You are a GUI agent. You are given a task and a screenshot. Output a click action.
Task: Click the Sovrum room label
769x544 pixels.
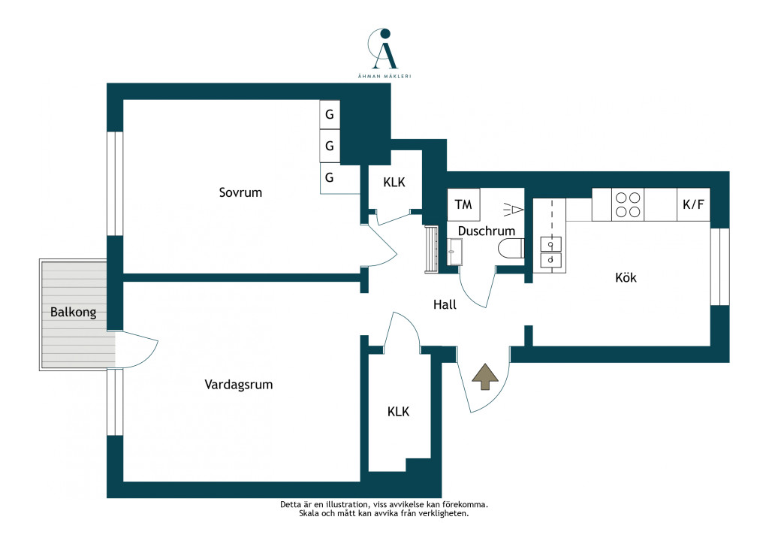[x=240, y=192]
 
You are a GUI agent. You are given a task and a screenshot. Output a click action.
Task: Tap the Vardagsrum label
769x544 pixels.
[x=238, y=385]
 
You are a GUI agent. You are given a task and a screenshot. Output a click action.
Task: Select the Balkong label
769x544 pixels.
[x=73, y=312]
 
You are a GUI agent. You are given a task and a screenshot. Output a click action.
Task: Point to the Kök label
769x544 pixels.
[x=626, y=278]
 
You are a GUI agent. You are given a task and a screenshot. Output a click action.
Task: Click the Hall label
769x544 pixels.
[x=445, y=304]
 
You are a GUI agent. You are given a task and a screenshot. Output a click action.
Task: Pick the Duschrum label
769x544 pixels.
[x=487, y=231]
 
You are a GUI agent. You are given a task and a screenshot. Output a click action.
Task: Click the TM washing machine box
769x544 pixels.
[x=463, y=204]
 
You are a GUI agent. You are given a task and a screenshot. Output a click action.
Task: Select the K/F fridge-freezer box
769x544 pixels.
[x=693, y=204]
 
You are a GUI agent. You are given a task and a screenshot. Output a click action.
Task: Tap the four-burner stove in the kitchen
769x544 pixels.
[x=628, y=204]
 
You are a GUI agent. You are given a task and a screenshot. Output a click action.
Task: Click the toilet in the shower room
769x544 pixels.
[x=511, y=249]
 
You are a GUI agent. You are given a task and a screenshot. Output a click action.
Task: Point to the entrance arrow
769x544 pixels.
[x=485, y=376]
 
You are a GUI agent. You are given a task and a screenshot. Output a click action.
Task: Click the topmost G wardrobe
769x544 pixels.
[x=330, y=114]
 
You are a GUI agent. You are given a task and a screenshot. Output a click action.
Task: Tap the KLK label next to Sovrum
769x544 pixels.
[x=394, y=183]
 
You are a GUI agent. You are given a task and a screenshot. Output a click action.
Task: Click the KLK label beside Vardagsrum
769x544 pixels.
[x=398, y=412]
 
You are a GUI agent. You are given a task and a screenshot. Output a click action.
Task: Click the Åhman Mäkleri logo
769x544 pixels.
[x=384, y=53]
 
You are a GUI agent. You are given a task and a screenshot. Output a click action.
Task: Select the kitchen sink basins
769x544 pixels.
[x=550, y=252]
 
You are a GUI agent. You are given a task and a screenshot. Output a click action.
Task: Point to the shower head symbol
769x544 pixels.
[x=514, y=210]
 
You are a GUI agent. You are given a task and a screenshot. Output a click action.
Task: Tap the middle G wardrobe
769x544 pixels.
[x=330, y=146]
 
